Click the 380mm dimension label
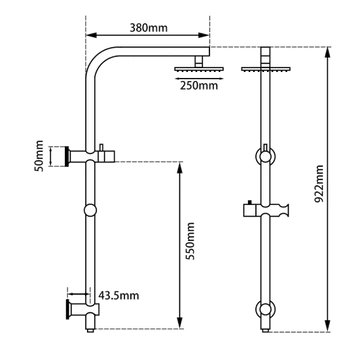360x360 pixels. pyautogui.click(x=148, y=27)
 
